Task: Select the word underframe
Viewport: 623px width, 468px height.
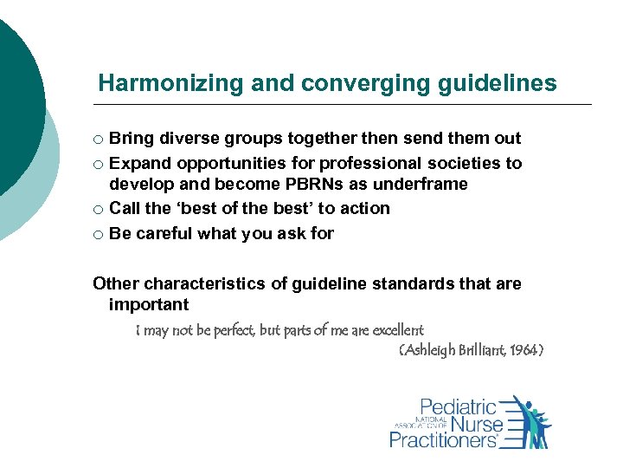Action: tap(421, 185)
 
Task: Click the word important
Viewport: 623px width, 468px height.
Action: tap(149, 305)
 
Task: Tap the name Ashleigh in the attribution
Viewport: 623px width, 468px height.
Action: tap(429, 351)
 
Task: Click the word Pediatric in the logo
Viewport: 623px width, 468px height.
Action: tap(459, 407)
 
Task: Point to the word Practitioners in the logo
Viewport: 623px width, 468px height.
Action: tap(443, 440)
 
